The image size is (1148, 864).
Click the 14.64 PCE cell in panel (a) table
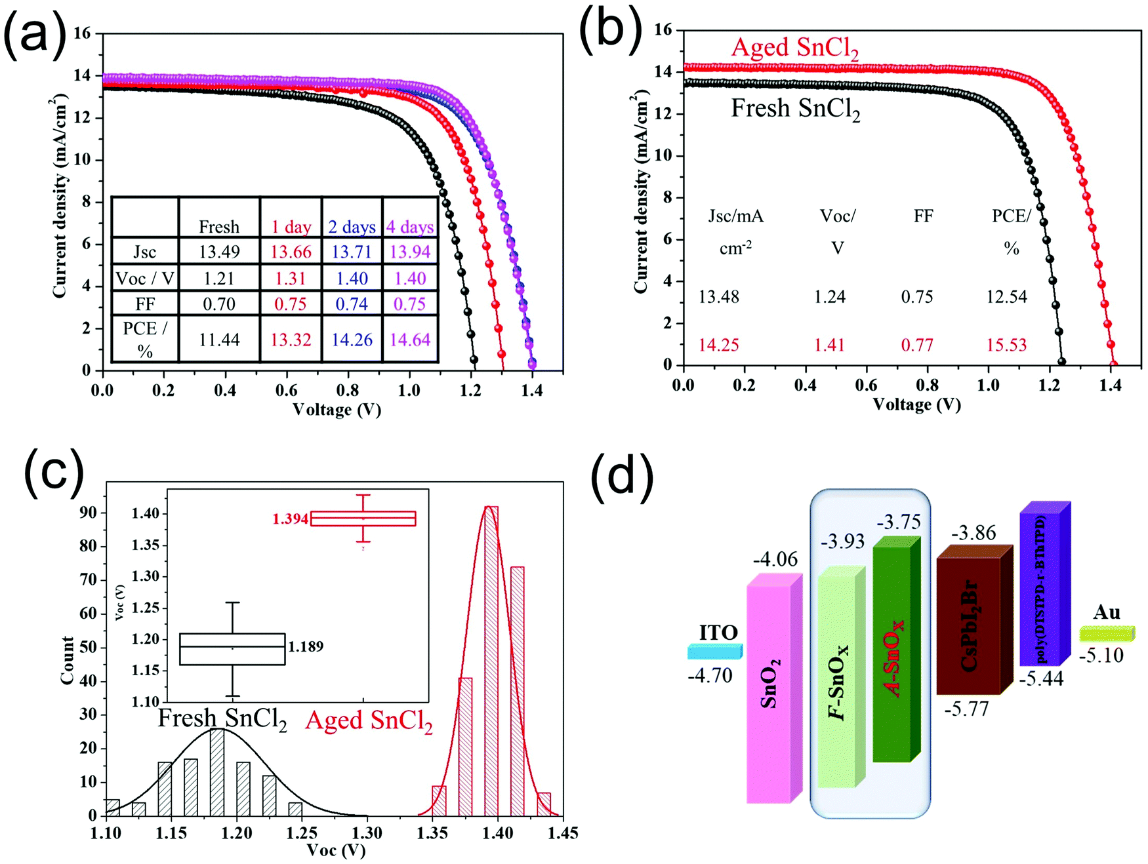(x=410, y=340)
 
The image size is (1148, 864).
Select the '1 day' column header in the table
(x=291, y=227)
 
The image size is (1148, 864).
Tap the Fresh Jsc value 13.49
(x=219, y=252)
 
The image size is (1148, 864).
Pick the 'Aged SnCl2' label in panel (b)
(x=794, y=49)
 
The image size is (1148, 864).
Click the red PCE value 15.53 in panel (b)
(x=1006, y=345)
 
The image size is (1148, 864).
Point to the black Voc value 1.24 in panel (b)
(x=830, y=297)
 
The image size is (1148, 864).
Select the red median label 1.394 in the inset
(x=290, y=519)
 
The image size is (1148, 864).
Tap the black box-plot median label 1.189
(x=306, y=646)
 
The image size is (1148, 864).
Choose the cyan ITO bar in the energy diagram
(x=714, y=652)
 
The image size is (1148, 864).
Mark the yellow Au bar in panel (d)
(x=1106, y=633)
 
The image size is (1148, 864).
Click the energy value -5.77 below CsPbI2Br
(x=966, y=709)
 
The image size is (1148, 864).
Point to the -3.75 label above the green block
(x=898, y=522)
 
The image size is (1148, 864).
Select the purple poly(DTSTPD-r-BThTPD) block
(x=1043, y=583)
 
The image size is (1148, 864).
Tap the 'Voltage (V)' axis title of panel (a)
(x=337, y=410)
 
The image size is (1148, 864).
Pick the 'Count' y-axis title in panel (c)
(x=67, y=660)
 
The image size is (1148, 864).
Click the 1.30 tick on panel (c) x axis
(x=367, y=833)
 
